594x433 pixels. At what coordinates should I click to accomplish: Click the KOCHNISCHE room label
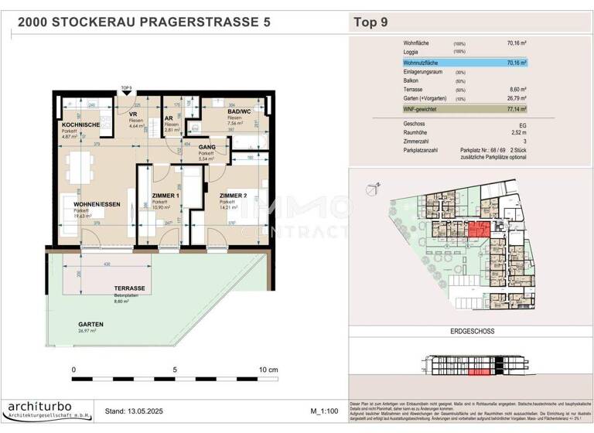(x=80, y=124)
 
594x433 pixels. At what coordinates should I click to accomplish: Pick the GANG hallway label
(x=207, y=147)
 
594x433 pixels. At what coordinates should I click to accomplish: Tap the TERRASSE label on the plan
(x=121, y=287)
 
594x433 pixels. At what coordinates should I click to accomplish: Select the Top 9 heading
(x=370, y=22)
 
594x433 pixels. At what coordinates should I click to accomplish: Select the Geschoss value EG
(x=522, y=123)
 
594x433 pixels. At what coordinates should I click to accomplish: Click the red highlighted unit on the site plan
(x=479, y=230)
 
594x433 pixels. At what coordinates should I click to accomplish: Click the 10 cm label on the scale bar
(x=268, y=370)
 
